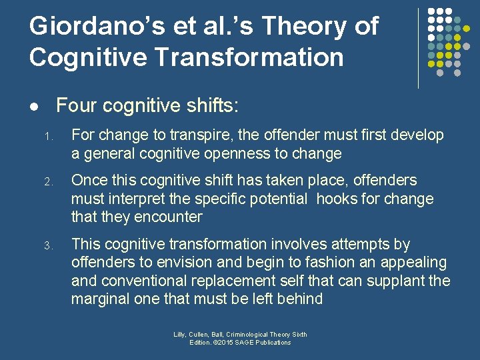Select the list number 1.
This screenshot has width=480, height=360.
[48, 136]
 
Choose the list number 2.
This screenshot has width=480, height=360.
[48, 181]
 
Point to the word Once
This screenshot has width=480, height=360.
[88, 181]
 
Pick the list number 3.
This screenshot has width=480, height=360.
[48, 245]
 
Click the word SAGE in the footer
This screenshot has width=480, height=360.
[246, 342]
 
